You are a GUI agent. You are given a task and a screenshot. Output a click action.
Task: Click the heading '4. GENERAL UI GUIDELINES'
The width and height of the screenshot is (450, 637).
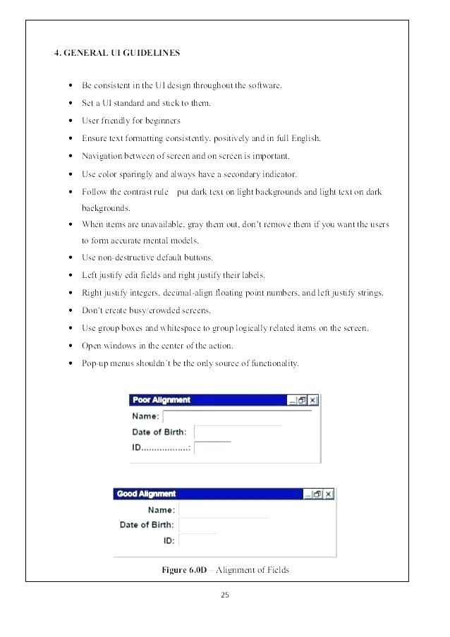117,53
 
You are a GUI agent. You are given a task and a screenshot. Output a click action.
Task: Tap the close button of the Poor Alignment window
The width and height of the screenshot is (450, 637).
313,400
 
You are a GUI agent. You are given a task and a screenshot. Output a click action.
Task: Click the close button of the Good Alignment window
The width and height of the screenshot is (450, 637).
328,495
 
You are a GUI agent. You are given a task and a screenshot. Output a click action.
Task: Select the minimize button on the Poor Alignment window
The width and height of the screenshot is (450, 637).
292,400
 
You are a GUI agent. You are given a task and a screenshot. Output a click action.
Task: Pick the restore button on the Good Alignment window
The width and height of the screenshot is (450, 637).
317,495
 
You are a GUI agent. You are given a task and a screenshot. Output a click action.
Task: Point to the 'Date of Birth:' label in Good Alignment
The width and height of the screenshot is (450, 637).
147,524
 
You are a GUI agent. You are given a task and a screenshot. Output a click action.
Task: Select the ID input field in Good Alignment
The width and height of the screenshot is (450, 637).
198,540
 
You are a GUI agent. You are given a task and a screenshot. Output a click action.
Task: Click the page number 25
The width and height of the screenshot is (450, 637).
224,595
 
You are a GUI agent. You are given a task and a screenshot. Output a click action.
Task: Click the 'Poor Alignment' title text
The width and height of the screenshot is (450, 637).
162,400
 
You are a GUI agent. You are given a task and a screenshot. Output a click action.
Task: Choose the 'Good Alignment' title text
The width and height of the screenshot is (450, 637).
146,494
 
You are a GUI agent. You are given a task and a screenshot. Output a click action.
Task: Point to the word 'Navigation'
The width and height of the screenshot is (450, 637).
102,156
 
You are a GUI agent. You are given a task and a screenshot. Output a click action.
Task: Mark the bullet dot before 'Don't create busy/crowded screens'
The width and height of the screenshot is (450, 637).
71,310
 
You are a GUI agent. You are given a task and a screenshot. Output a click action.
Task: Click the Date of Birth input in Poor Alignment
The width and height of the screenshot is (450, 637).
237,432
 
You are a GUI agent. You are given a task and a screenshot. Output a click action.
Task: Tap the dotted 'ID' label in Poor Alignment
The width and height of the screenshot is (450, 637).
161,448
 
